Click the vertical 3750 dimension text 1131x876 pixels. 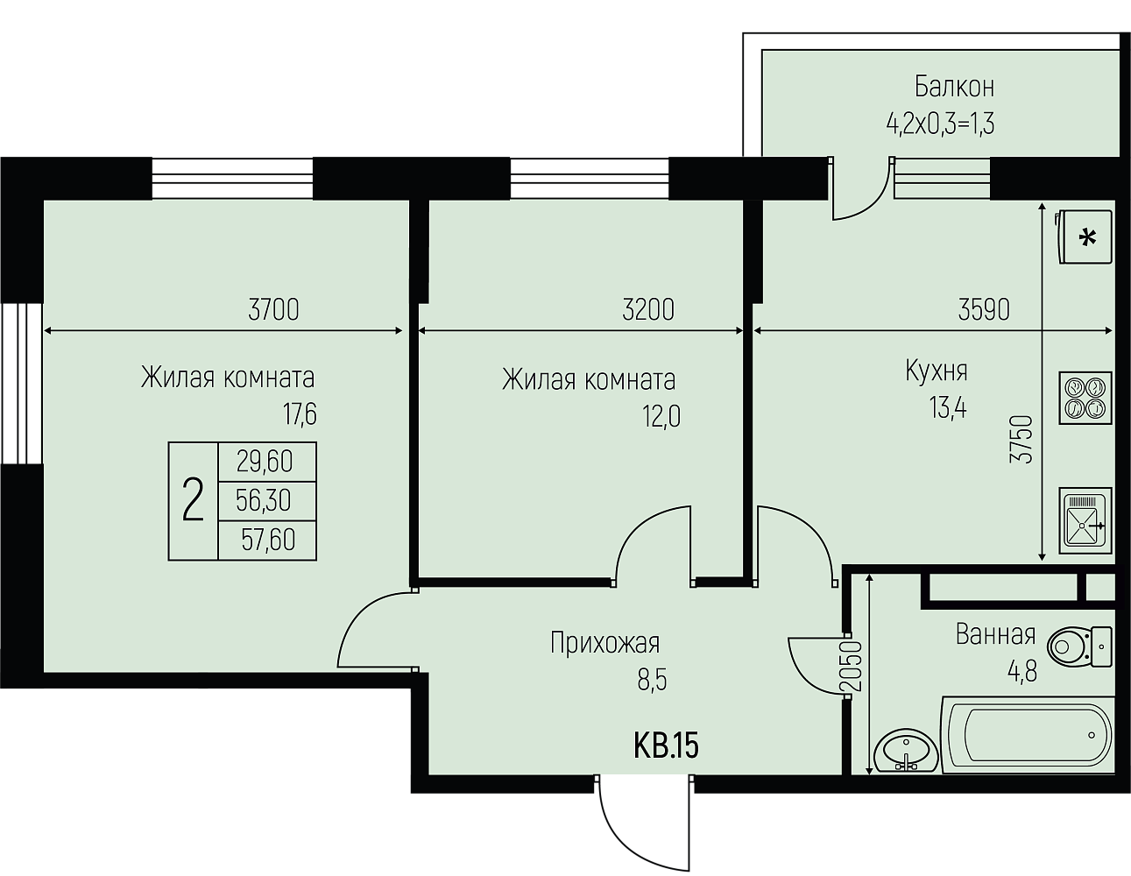tap(1021, 439)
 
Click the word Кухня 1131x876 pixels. tap(937, 371)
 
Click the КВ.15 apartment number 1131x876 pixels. tap(666, 746)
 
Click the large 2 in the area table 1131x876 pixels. tap(193, 500)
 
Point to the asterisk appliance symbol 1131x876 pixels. tap(1084, 237)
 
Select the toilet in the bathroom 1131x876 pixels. tap(1080, 647)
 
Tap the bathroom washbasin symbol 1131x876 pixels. tap(906, 751)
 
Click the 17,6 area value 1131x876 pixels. tap(300, 414)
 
